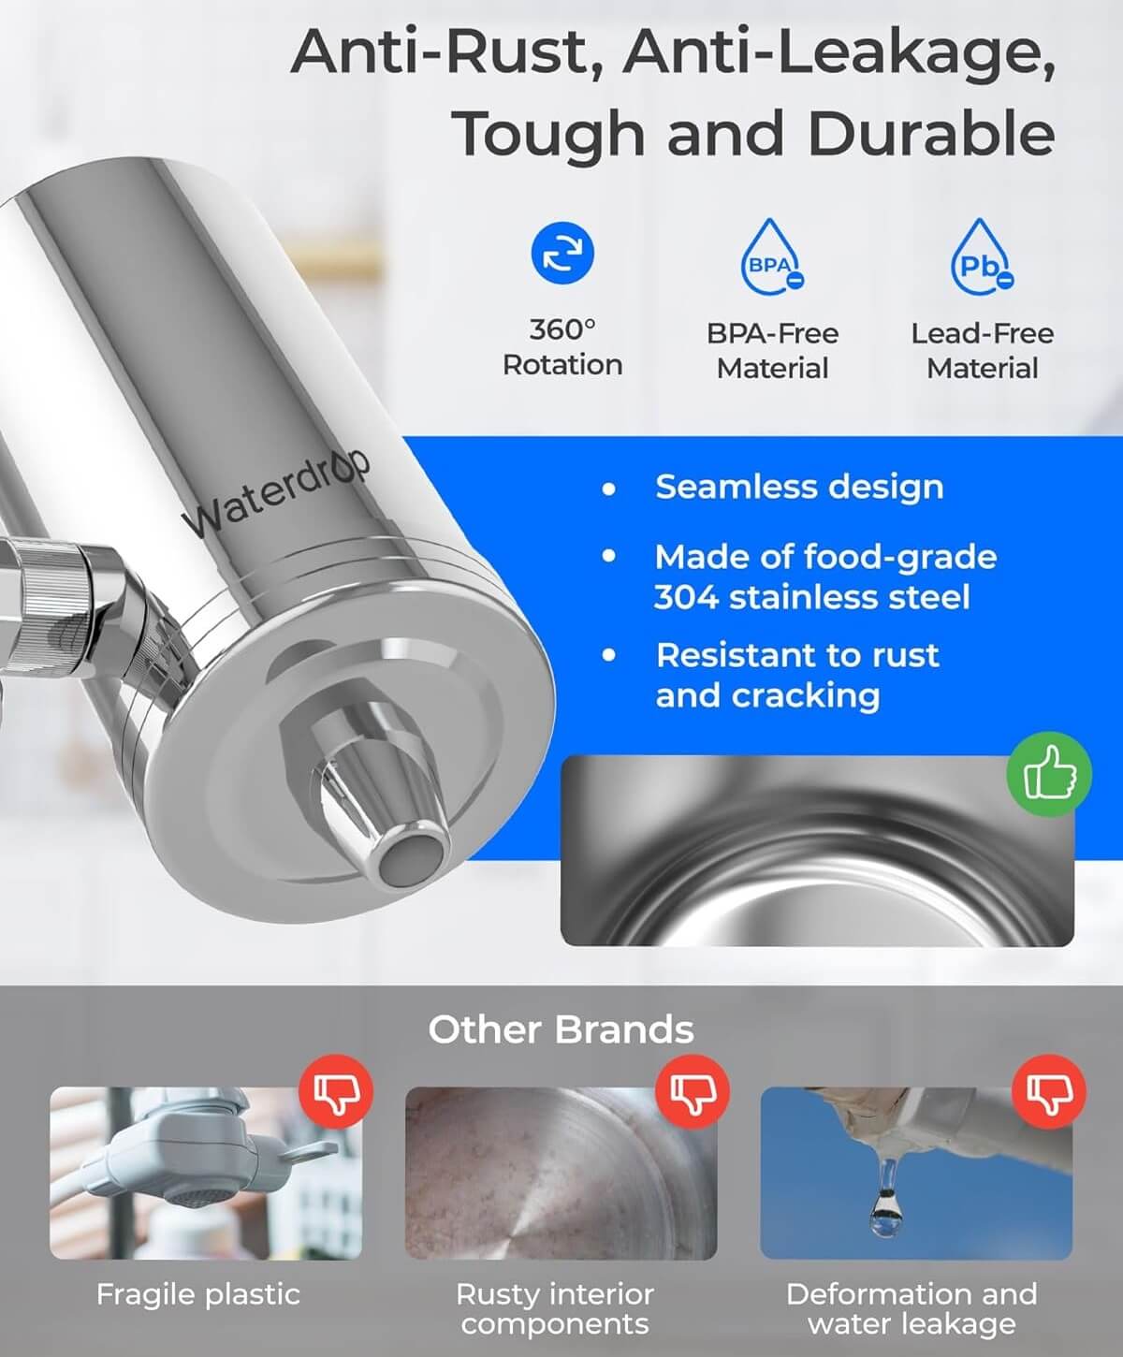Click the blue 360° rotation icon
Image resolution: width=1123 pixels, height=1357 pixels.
(562, 254)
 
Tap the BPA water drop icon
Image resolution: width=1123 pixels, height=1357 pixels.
(772, 257)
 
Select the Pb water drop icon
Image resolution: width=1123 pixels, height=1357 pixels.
(982, 257)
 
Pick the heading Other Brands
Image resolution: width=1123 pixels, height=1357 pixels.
(561, 1030)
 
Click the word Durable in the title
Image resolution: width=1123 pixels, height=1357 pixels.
(931, 134)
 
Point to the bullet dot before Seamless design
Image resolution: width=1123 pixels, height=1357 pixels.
(609, 489)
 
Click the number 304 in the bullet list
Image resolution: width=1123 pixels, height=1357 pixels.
(686, 597)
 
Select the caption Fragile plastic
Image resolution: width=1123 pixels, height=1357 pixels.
(198, 1294)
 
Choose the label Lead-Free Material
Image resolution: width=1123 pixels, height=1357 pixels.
(982, 351)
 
